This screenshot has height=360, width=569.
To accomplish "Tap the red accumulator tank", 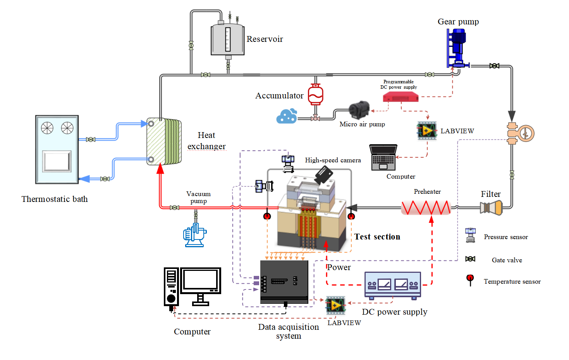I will click(x=315, y=95).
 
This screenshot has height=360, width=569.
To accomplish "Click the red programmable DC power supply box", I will click(x=401, y=97).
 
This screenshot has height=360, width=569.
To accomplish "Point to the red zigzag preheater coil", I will click(x=426, y=208).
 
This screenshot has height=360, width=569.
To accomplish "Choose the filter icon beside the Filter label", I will click(x=491, y=208).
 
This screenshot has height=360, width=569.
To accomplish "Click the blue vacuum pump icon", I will click(x=194, y=235).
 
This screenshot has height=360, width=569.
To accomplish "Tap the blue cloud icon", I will click(x=287, y=116).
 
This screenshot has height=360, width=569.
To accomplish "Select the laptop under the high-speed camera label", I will click(x=383, y=157).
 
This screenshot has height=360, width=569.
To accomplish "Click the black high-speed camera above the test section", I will click(x=323, y=175).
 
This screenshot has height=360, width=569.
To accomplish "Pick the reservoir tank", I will click(x=228, y=40).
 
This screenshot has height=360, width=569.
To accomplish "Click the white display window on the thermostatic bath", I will click(x=57, y=161).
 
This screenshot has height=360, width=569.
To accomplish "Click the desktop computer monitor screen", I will click(x=200, y=280).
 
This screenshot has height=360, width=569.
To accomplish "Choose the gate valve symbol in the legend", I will click(x=470, y=259).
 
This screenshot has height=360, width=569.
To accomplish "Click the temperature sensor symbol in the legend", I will click(x=470, y=279).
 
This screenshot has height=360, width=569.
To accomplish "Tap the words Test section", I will click(x=377, y=237).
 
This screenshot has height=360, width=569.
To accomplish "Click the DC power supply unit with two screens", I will click(x=392, y=285).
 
